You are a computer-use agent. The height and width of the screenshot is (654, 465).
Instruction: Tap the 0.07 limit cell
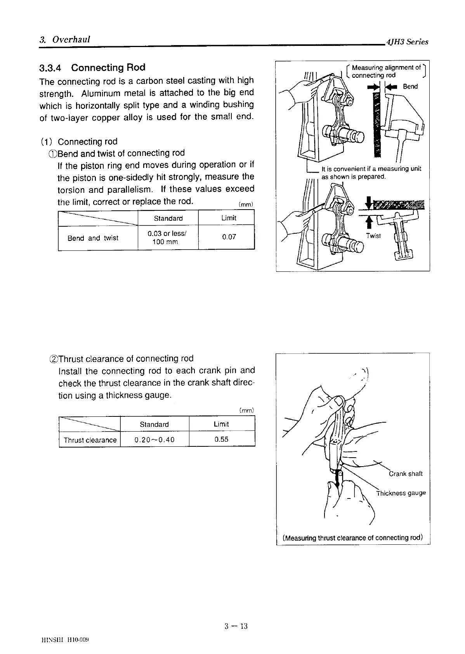click(x=229, y=237)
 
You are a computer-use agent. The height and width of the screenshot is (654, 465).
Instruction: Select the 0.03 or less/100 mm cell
click(x=168, y=238)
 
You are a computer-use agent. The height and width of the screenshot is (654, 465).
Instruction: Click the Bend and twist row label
click(x=93, y=238)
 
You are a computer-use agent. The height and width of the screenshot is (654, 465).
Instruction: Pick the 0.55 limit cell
click(x=221, y=439)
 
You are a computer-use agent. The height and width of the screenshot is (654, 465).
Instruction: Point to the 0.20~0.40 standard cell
click(x=154, y=440)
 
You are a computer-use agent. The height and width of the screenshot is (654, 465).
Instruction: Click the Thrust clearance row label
click(x=90, y=440)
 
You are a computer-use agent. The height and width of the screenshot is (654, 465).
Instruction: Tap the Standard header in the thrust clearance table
click(x=154, y=424)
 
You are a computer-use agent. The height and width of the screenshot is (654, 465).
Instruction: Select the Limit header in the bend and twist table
click(x=229, y=218)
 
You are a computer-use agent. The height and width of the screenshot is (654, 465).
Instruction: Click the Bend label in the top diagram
click(x=410, y=86)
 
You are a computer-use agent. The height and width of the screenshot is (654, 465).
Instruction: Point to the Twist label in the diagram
click(x=373, y=236)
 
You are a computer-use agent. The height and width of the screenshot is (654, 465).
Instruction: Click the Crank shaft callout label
click(x=406, y=474)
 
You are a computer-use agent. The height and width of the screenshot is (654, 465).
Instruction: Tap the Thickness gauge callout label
click(x=401, y=493)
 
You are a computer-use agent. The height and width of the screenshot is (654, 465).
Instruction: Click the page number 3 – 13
click(x=236, y=626)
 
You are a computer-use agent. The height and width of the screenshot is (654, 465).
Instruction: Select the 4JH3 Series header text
click(x=406, y=42)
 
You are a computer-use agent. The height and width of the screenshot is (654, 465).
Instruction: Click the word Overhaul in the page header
click(x=71, y=39)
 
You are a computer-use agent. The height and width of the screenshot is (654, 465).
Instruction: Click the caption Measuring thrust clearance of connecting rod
click(x=352, y=538)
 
